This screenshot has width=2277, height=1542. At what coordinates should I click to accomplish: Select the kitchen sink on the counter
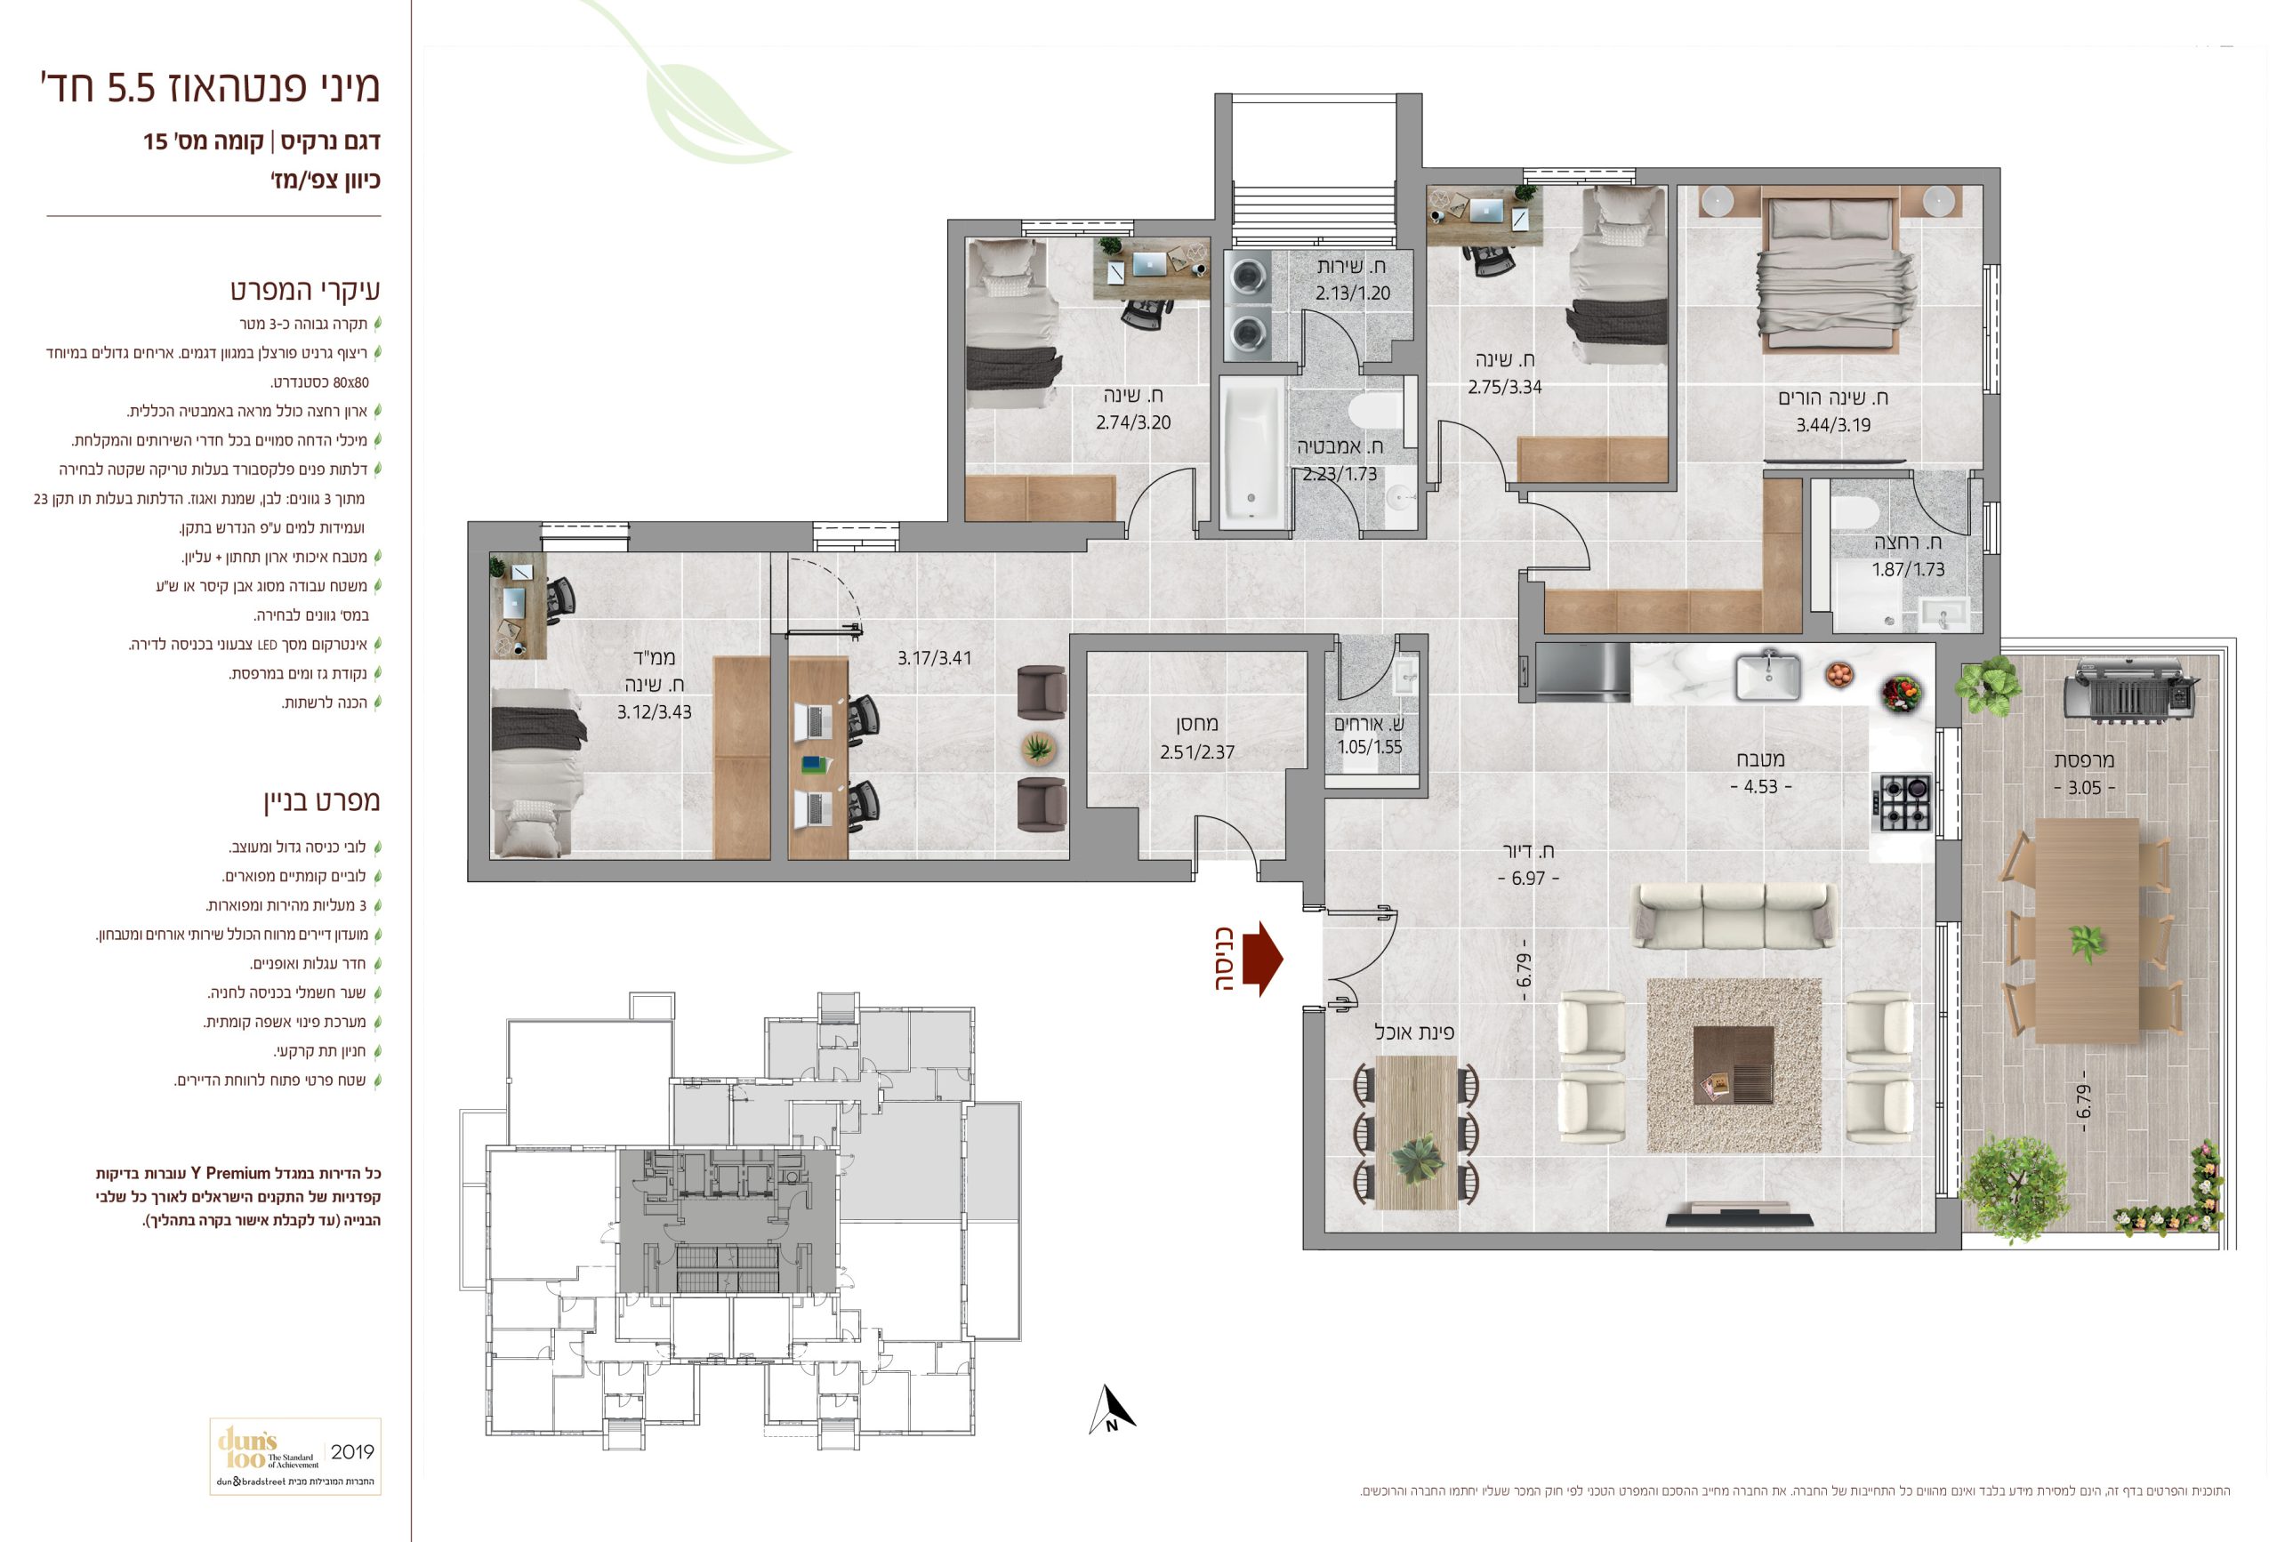(1768, 675)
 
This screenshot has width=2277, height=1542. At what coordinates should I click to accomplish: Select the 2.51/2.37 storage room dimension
(1196, 751)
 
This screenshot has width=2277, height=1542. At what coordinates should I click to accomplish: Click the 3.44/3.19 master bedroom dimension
(1833, 424)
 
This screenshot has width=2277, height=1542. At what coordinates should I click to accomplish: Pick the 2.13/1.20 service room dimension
(1353, 292)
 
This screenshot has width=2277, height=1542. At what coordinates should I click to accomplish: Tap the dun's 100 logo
(251, 1448)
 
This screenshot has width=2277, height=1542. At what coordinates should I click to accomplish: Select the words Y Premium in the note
(230, 1173)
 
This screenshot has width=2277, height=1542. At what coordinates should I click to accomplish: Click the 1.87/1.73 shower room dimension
(1908, 569)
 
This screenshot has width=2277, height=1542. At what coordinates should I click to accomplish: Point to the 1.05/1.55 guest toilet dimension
(1370, 746)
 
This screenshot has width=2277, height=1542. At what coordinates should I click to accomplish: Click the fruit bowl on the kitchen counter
(1839, 675)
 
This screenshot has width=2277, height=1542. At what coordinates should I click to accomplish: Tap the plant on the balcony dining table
(2087, 944)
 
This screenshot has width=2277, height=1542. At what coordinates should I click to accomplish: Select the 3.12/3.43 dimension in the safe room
(654, 711)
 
